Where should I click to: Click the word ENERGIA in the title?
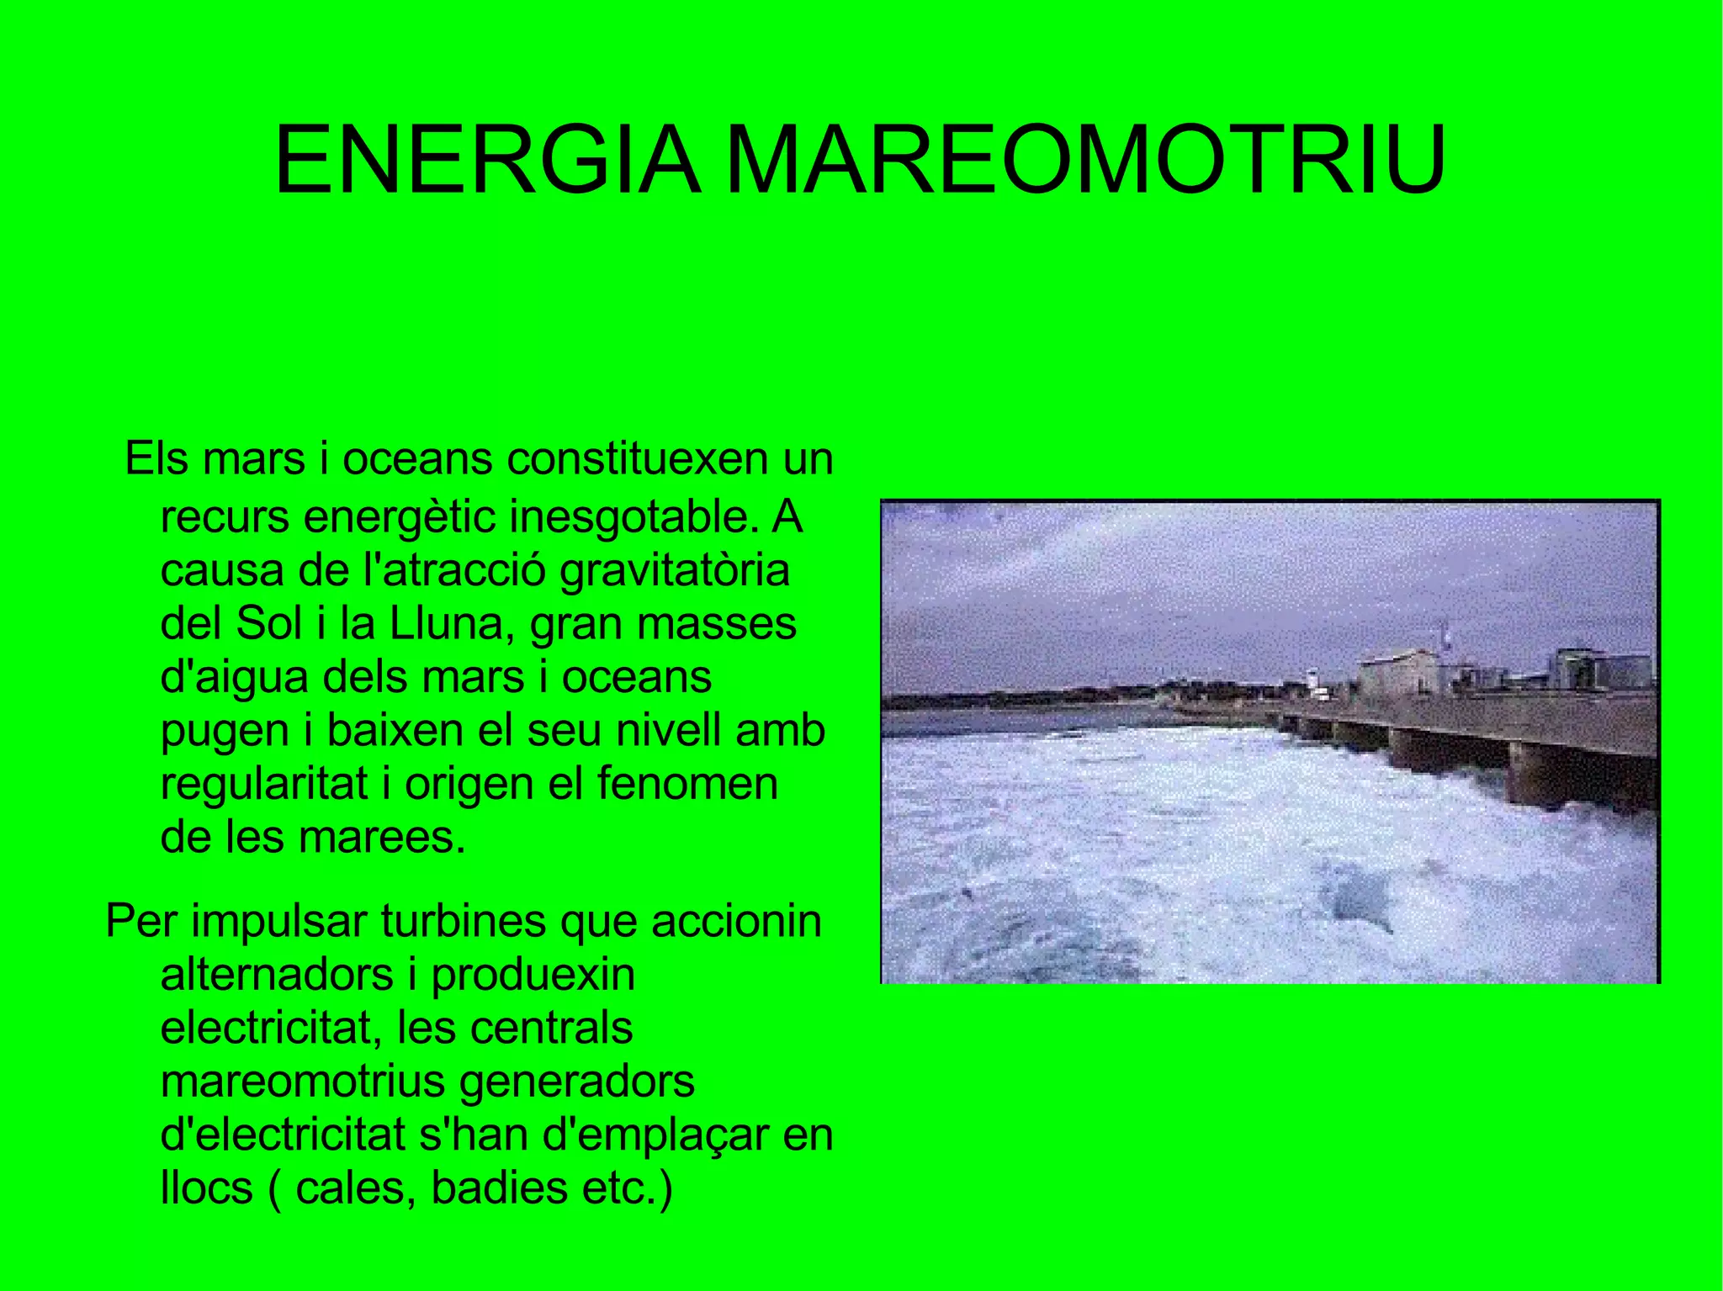pos(486,160)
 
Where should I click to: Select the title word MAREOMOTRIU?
pos(1086,160)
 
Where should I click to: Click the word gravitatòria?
pos(675,570)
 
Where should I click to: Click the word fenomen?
pos(687,784)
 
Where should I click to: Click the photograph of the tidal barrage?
pos(1270,742)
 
